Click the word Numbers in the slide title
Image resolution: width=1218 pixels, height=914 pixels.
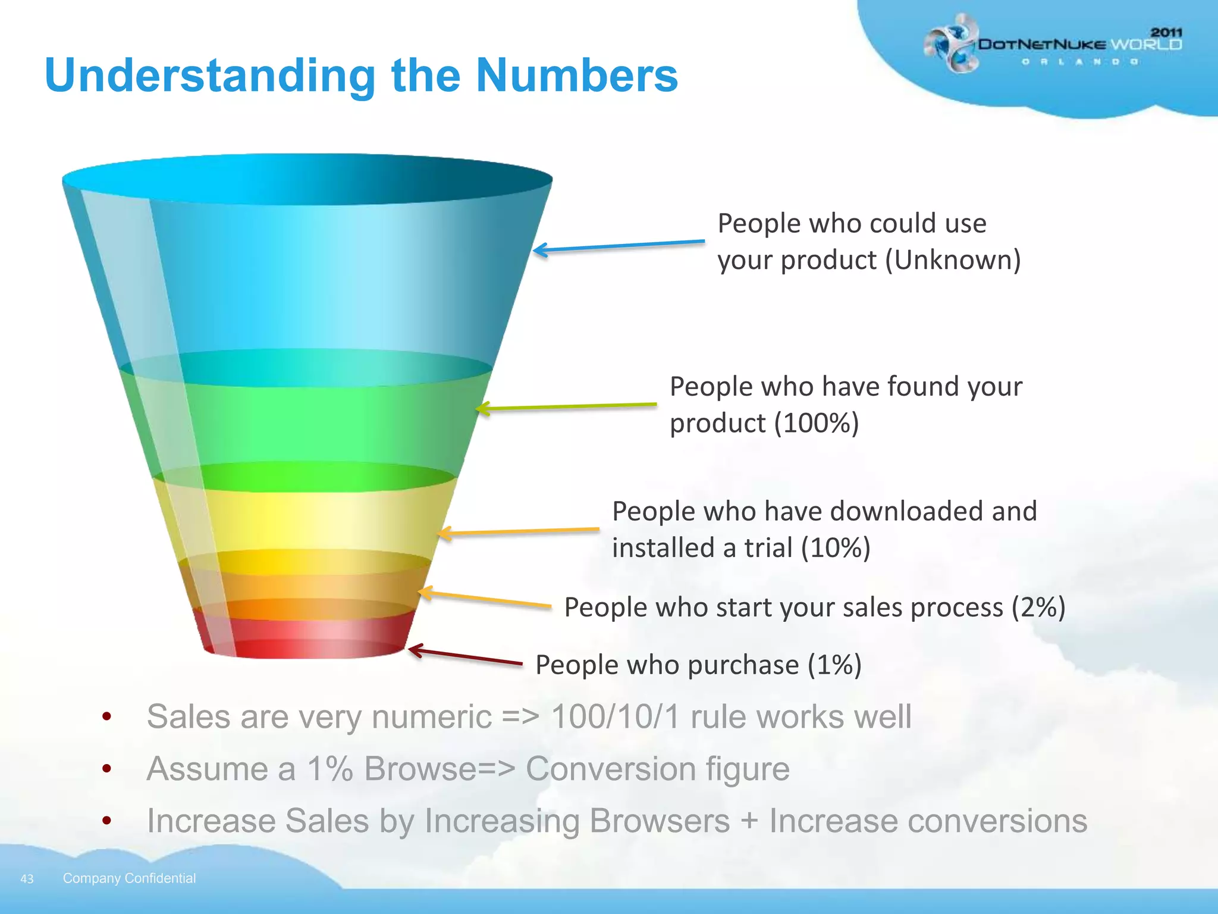576,76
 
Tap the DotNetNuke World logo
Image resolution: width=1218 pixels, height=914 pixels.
1052,45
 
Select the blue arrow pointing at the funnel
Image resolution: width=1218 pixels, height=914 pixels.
619,246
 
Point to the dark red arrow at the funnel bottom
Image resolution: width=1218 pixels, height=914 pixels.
464,656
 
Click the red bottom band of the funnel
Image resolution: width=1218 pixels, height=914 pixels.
303,637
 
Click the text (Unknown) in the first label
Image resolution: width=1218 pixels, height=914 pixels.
953,260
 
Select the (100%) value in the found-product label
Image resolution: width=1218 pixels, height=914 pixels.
817,423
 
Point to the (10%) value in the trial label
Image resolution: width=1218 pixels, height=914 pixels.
836,547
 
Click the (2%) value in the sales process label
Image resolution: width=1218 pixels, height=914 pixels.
1038,608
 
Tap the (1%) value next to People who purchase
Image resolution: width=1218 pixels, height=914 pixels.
834,665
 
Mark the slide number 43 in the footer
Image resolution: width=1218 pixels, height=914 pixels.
27,879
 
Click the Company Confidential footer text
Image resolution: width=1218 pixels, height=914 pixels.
129,878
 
